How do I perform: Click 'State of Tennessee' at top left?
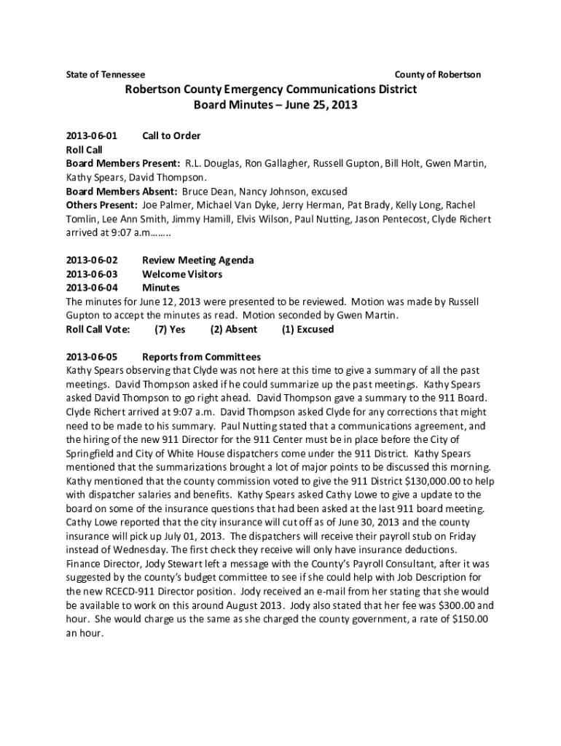pos(106,75)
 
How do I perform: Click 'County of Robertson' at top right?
pos(437,75)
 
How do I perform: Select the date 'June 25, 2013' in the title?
pos(321,105)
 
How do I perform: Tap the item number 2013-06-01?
pos(92,136)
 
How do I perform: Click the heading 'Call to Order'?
pos(171,136)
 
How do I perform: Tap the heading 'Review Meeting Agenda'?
pos(197,260)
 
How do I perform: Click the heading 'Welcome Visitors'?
pos(182,274)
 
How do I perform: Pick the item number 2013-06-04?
pos(92,288)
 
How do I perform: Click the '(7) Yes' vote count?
pos(170,329)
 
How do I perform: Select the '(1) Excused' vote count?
pos(307,329)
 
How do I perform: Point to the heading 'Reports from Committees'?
pos(201,357)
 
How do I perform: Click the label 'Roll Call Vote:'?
pos(98,329)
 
